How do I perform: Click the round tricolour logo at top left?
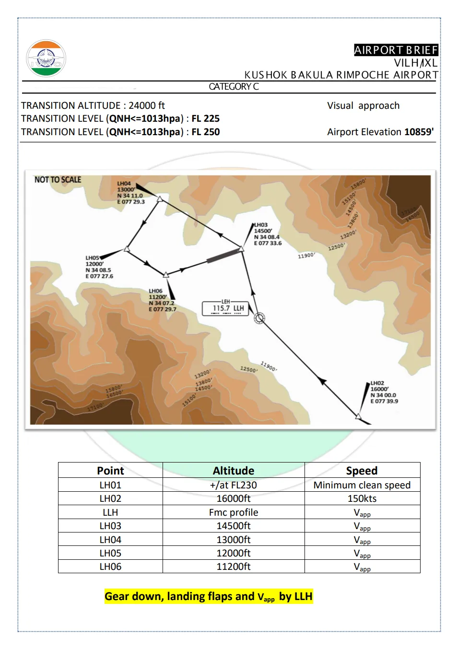[x=46, y=58]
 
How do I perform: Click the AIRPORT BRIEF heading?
[x=396, y=50]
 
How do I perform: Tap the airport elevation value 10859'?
[x=419, y=132]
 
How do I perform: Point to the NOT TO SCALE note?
[x=58, y=180]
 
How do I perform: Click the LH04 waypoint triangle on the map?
[x=160, y=198]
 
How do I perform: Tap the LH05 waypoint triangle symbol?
[x=127, y=248]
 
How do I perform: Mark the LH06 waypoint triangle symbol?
[x=166, y=275]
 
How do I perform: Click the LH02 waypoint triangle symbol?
[x=358, y=416]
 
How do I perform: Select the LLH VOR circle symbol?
[x=259, y=318]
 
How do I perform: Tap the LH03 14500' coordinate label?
[x=267, y=234]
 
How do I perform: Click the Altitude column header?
[x=234, y=470]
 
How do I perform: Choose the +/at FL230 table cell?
[x=234, y=485]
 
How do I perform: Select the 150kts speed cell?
[x=362, y=498]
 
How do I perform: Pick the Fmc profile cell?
[x=234, y=512]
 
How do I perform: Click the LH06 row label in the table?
[x=110, y=567]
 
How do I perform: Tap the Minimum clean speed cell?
[x=362, y=485]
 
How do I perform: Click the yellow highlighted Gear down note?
[x=209, y=596]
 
